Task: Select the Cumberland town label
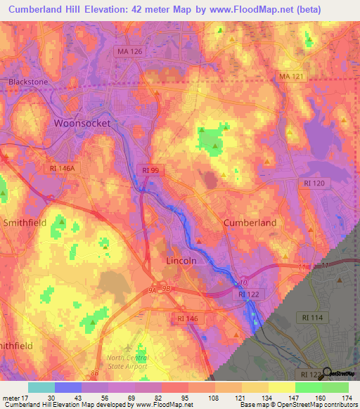tap(250, 222)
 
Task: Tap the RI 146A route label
tap(63, 169)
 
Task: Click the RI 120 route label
tap(314, 182)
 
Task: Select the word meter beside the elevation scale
tap(11, 397)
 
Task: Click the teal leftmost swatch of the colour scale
tap(41, 387)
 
